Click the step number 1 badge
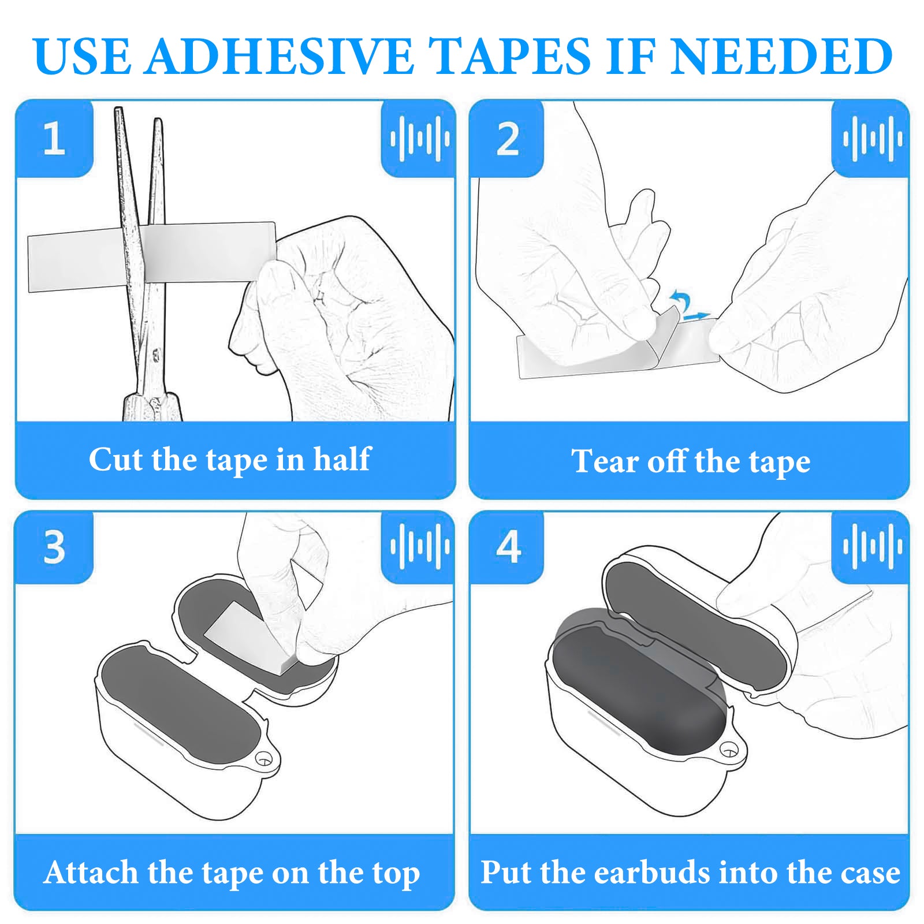pyautogui.click(x=54, y=139)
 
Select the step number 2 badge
pyautogui.click(x=507, y=139)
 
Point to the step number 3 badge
pyautogui.click(x=54, y=547)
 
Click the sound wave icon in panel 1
pyautogui.click(x=420, y=139)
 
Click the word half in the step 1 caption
pyautogui.click(x=342, y=459)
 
